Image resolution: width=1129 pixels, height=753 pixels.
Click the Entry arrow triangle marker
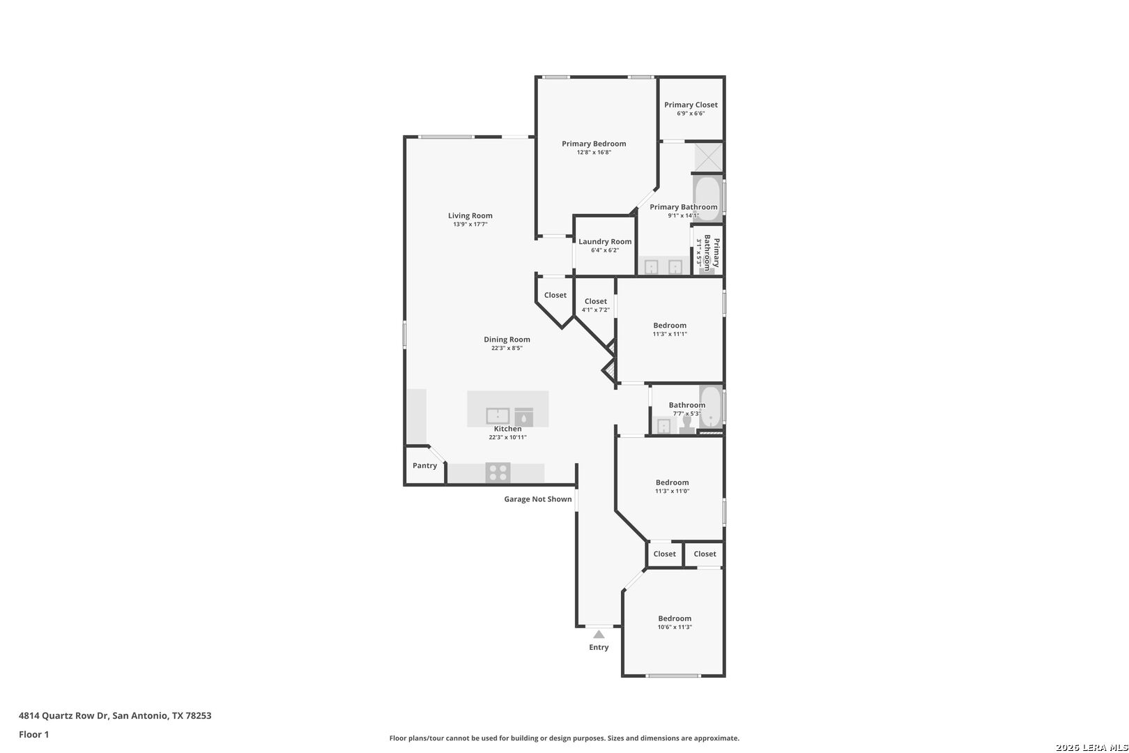click(599, 634)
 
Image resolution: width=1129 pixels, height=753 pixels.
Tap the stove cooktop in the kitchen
click(498, 473)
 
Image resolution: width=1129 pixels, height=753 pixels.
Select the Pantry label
click(425, 466)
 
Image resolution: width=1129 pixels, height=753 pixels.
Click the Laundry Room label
click(605, 241)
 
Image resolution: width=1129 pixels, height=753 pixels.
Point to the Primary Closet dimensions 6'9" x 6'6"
click(691, 114)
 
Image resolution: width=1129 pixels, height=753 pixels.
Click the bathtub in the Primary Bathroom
click(708, 198)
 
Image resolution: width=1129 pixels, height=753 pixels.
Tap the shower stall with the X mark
click(709, 158)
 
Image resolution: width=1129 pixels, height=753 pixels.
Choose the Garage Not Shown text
click(538, 499)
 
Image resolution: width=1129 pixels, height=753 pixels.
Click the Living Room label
click(470, 216)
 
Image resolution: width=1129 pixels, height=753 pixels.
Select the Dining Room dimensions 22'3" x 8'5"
click(507, 348)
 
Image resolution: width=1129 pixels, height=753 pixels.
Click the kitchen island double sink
click(498, 416)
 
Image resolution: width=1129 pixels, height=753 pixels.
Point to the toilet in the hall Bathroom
click(686, 425)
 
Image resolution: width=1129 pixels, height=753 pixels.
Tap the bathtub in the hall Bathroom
click(711, 406)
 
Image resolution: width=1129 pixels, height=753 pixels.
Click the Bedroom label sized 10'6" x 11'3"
click(675, 618)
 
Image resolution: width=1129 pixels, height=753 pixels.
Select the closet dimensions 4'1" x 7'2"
click(596, 310)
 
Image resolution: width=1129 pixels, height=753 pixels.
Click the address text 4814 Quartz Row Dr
click(63, 715)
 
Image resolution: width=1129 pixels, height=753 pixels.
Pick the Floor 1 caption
click(33, 734)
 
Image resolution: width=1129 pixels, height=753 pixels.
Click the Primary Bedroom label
click(594, 144)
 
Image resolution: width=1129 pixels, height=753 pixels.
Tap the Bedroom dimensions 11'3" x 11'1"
click(670, 334)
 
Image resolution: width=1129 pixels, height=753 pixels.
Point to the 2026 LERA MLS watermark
click(1091, 747)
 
